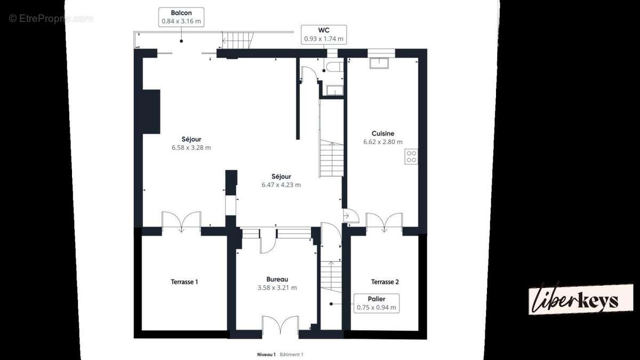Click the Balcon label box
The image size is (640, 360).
[x=181, y=17]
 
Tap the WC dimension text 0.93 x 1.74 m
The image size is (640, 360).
[x=324, y=39]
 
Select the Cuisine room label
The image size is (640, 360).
[x=383, y=133]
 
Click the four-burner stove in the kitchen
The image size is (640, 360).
[x=411, y=157]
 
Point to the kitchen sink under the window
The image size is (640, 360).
[x=379, y=63]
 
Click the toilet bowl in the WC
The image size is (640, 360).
[x=335, y=67]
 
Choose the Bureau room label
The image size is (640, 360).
[x=277, y=279]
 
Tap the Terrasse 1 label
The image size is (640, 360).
[x=185, y=282]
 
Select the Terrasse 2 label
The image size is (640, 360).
[x=385, y=282]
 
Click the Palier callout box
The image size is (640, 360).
[x=377, y=303]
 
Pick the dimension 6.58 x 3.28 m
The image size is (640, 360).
[x=191, y=148]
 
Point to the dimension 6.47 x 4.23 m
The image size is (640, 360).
[x=281, y=185]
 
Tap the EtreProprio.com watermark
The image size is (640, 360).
[x=51, y=19]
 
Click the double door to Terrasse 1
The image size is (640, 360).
[x=181, y=222]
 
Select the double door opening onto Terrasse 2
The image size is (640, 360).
[x=385, y=222]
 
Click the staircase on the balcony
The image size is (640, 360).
[x=238, y=41]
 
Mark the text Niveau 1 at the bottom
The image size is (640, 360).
[x=266, y=355]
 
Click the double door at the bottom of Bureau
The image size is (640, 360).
[x=281, y=325]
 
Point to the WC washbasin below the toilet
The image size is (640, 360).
[x=335, y=90]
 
